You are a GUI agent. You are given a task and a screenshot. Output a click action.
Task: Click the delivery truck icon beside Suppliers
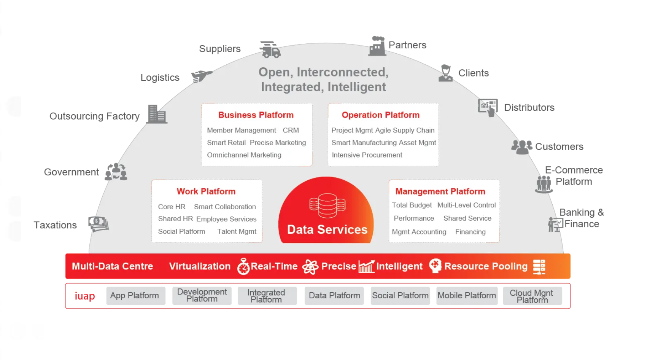[270, 50]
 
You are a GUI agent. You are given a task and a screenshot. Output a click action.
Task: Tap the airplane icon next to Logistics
[201, 76]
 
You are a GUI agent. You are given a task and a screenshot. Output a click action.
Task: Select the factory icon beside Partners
[377, 46]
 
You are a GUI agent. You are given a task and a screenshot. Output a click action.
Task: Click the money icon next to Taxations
[99, 224]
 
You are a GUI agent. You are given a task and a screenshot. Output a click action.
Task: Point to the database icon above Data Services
[327, 205]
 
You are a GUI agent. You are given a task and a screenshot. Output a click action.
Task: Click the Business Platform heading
[256, 115]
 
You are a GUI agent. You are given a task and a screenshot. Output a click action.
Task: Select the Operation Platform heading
[380, 115]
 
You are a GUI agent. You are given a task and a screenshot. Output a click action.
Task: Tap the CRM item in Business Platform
[291, 130]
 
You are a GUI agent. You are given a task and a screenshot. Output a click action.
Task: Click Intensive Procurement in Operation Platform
[367, 155]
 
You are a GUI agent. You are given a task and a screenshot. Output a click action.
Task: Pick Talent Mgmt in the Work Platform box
[237, 231]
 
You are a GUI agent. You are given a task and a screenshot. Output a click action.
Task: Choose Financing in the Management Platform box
[470, 232]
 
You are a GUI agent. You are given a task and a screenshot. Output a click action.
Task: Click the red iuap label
[84, 296]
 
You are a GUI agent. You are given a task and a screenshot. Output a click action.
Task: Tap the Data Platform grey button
[334, 296]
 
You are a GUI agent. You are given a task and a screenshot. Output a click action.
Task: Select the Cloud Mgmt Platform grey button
[532, 296]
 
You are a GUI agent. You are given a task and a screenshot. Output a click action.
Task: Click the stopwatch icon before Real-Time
[243, 266]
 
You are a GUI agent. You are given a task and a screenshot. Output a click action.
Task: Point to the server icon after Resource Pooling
[539, 266]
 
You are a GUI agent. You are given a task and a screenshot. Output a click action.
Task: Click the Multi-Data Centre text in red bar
[112, 266]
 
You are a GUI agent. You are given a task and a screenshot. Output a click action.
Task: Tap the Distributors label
[529, 108]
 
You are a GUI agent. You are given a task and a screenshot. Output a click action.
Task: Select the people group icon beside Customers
[521, 147]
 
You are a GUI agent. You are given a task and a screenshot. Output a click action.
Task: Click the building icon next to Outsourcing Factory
[157, 114]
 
